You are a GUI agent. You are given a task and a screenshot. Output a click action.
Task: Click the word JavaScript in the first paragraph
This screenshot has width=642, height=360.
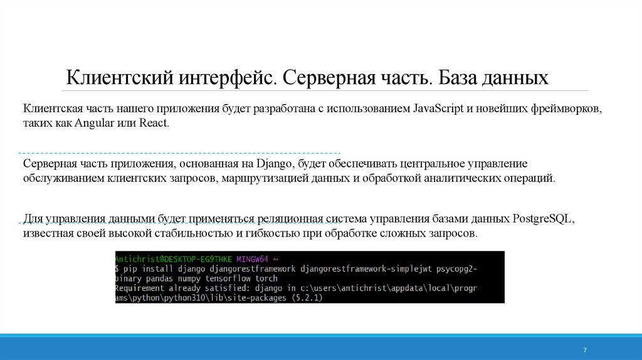(x=438, y=108)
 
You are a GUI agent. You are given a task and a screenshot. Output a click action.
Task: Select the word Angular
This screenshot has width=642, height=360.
(x=92, y=123)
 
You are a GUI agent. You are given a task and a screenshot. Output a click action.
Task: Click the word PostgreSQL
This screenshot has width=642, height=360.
(x=544, y=220)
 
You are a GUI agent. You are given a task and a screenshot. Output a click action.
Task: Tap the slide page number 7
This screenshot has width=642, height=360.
(x=584, y=350)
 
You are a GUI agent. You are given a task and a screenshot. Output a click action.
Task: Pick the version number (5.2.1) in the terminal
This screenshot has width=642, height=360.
(x=302, y=298)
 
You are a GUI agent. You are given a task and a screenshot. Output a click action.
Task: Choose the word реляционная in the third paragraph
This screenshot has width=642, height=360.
(x=290, y=220)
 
